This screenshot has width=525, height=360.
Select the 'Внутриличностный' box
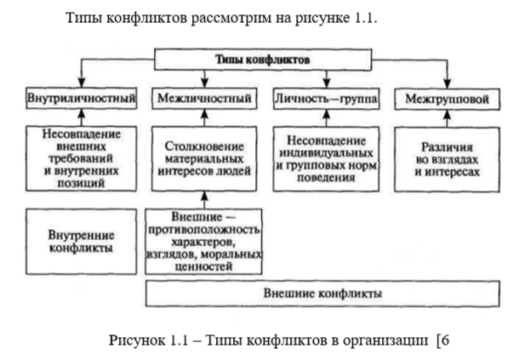tap(81, 100)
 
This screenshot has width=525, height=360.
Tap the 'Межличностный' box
tap(204, 100)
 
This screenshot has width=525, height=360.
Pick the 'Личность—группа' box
tap(327, 100)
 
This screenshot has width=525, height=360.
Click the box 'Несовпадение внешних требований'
tap(81, 157)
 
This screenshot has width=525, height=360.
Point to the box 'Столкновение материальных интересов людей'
tap(204, 157)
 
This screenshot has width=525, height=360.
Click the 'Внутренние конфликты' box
tap(81, 242)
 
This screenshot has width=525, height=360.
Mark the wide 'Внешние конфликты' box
tap(322, 294)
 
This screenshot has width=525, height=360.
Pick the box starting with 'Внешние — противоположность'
tap(204, 242)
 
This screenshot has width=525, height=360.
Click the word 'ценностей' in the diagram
tap(204, 266)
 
